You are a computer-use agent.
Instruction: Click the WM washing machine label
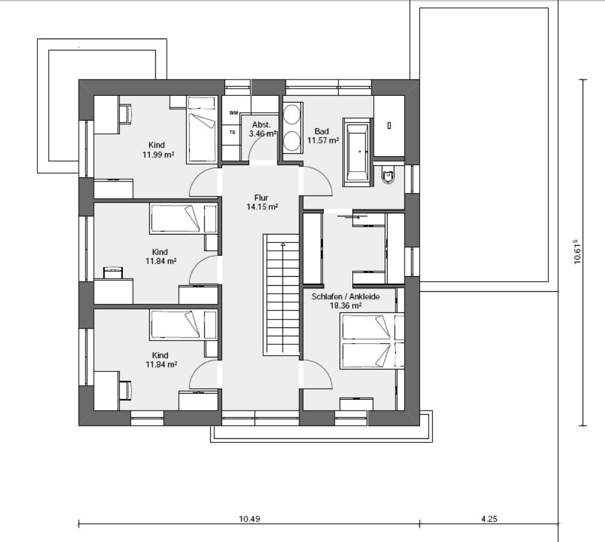[234, 113]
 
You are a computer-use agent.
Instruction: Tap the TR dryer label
[232, 133]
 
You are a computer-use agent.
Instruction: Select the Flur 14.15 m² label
[262, 203]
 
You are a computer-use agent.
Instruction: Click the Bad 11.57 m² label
[323, 136]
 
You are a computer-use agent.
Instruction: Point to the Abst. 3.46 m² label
[262, 130]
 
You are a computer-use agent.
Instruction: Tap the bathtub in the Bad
[358, 152]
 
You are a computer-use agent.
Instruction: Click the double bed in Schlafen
[371, 341]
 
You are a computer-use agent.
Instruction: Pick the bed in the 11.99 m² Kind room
[202, 130]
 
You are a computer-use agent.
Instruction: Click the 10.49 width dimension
[250, 519]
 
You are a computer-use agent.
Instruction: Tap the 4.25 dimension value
[489, 519]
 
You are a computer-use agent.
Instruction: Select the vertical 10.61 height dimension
[577, 252]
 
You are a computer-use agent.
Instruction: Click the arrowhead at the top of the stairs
[283, 244]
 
